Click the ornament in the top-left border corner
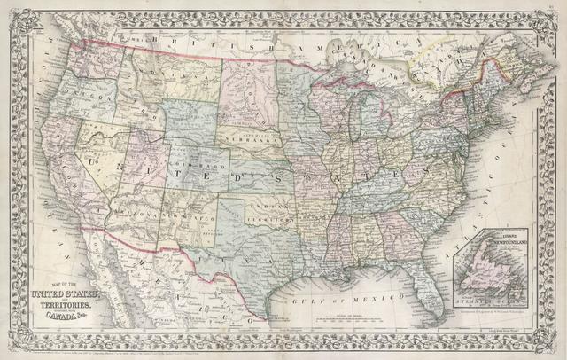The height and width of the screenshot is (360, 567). (x=12, y=12)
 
